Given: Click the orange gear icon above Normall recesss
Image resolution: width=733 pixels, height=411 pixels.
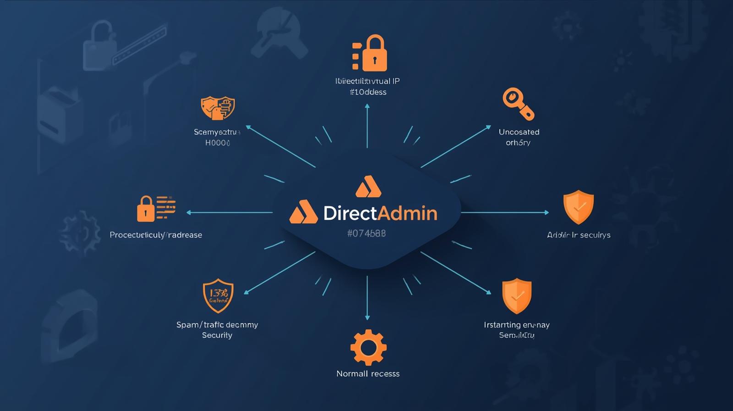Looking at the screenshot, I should click(x=368, y=347).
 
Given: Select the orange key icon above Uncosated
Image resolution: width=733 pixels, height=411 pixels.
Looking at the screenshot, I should click(x=518, y=104).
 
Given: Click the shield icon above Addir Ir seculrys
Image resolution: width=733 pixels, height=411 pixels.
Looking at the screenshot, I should click(x=578, y=207).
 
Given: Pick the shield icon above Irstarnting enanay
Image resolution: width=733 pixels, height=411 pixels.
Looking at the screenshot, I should click(x=517, y=295).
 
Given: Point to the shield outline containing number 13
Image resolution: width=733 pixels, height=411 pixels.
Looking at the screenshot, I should click(x=218, y=295).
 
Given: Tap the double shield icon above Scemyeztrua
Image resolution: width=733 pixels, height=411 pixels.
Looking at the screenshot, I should click(x=218, y=108).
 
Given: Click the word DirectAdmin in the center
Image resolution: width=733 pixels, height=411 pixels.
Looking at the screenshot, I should click(x=380, y=213).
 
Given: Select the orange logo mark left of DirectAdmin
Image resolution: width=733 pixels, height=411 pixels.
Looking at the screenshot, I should click(x=303, y=212).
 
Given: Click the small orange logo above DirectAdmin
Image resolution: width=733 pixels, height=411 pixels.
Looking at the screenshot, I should click(x=368, y=186).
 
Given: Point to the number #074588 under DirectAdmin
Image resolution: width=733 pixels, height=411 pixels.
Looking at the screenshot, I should click(x=366, y=233).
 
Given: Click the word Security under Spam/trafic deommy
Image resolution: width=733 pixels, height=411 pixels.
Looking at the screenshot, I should click(x=217, y=335).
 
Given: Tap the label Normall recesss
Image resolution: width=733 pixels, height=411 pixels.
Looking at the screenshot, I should click(x=368, y=374).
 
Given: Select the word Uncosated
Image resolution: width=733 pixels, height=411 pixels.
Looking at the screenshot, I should click(x=519, y=132).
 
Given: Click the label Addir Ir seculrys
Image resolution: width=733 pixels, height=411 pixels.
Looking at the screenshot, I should click(x=579, y=235).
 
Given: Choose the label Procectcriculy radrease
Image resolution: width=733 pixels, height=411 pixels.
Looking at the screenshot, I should click(x=156, y=235).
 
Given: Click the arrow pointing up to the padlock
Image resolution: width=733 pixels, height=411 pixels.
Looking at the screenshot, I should click(x=367, y=126).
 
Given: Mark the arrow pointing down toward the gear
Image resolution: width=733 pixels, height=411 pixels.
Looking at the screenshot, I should click(x=367, y=298).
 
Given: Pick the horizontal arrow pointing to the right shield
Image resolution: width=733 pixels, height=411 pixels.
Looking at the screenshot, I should click(x=504, y=212).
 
